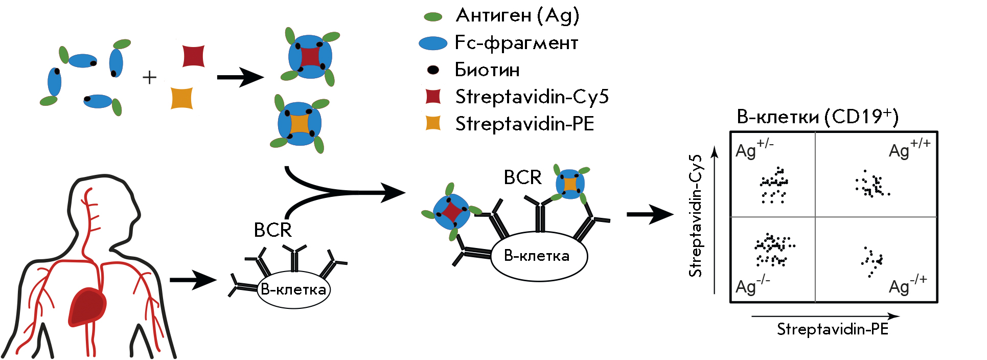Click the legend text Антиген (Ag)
pos(517,16)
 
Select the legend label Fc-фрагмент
pos(516,43)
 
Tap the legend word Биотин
pos(487,70)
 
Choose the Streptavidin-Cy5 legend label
pos(532,97)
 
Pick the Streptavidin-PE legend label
pos(524,124)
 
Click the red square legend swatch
pos(433,96)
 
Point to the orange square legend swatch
pos(433,123)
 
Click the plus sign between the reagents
pos(149,78)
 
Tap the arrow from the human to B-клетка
pos(193,280)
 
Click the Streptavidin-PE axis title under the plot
pos(832,329)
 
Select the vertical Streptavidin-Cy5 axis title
pos(695,216)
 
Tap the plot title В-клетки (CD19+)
pos(817,117)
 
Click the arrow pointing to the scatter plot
pos(649,214)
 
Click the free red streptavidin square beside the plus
pos(194,56)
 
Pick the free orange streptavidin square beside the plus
pos(181,98)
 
